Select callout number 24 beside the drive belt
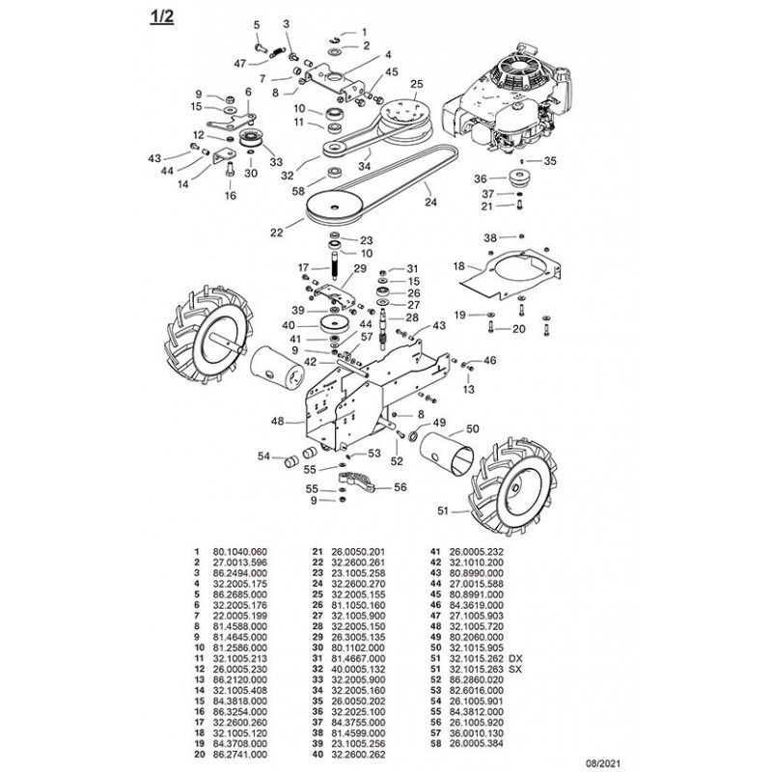pos(430,203)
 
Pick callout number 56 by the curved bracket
pos(400,487)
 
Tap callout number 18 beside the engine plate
pos(458,264)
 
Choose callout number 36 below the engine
pos(481,179)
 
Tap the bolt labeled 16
pos(230,173)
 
